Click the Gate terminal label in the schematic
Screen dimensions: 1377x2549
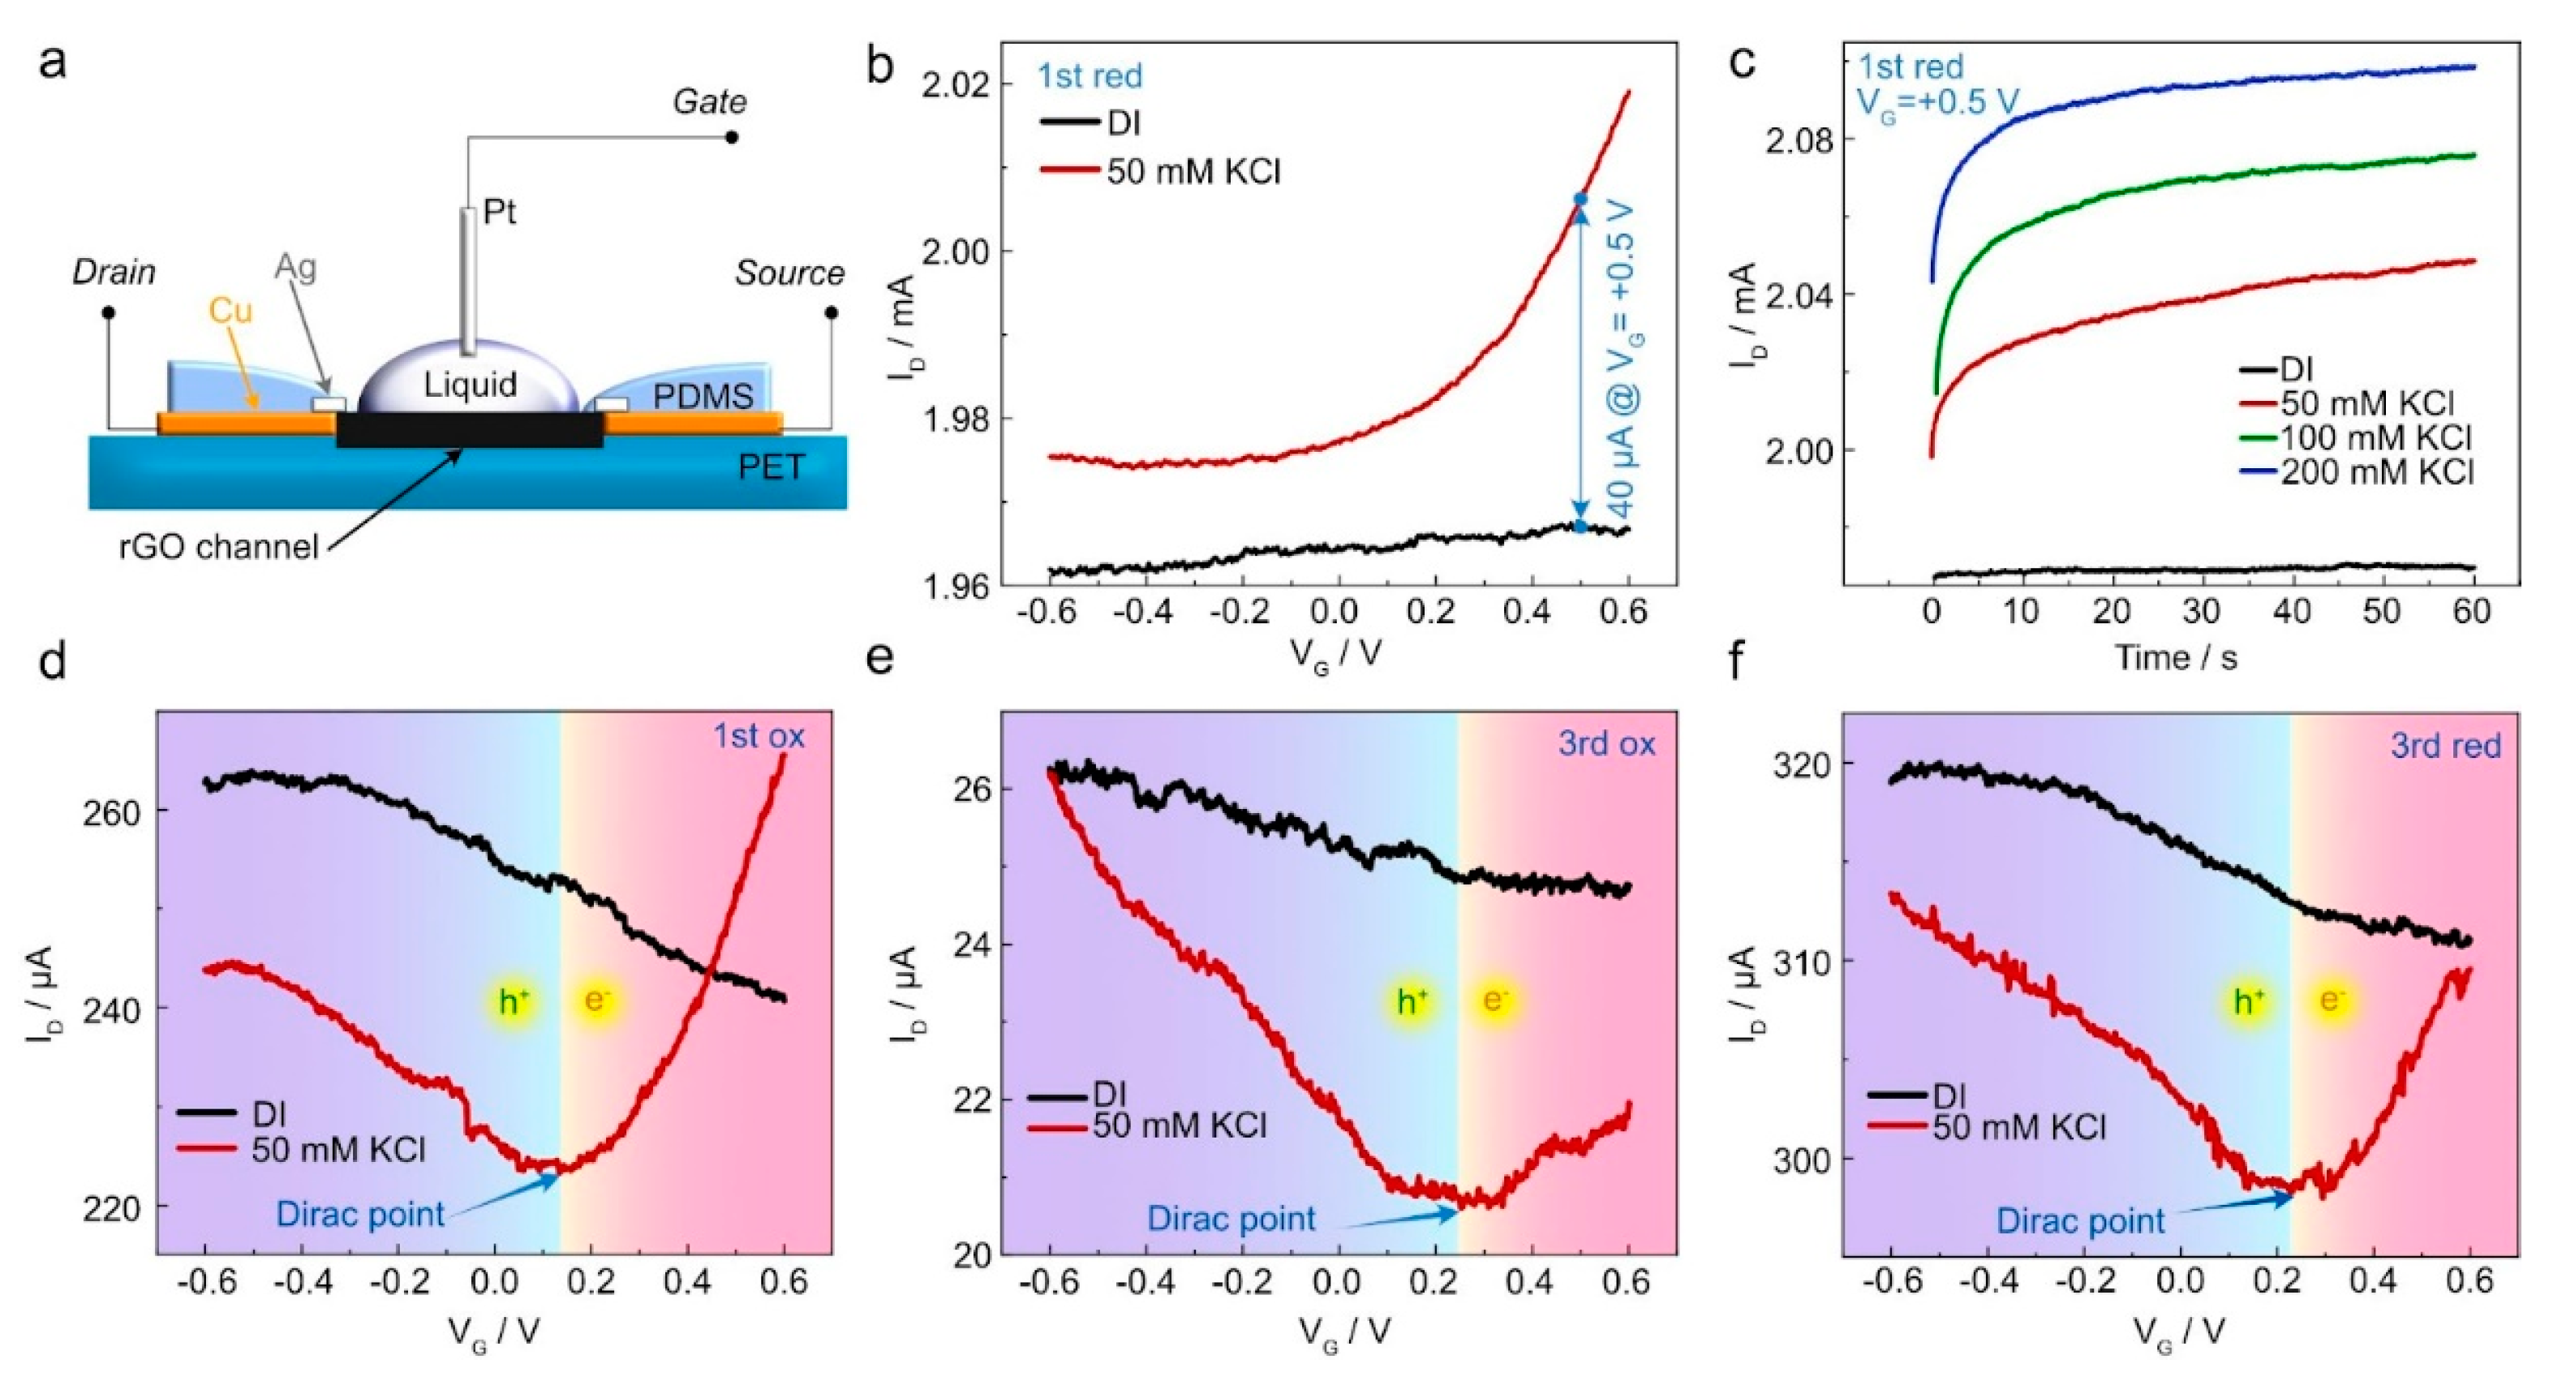(710, 102)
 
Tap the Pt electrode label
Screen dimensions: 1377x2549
(500, 212)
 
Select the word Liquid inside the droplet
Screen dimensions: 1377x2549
(470, 384)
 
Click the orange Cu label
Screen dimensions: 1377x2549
(230, 312)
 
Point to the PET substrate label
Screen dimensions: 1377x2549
(771, 467)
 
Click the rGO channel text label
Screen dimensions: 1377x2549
(219, 546)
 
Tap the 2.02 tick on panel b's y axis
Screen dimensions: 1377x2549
(954, 85)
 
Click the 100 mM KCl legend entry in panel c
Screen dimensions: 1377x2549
(2375, 437)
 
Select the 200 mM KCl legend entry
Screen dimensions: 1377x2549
(2375, 472)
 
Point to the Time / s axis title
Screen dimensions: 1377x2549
(2176, 657)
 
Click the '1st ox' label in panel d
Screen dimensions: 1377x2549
(759, 737)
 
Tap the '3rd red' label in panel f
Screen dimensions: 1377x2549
(2445, 746)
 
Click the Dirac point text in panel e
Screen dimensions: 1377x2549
(1231, 1219)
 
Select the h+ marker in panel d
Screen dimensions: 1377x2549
(514, 1002)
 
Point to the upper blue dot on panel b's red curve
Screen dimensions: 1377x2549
(1580, 200)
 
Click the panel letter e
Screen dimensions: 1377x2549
(879, 657)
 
